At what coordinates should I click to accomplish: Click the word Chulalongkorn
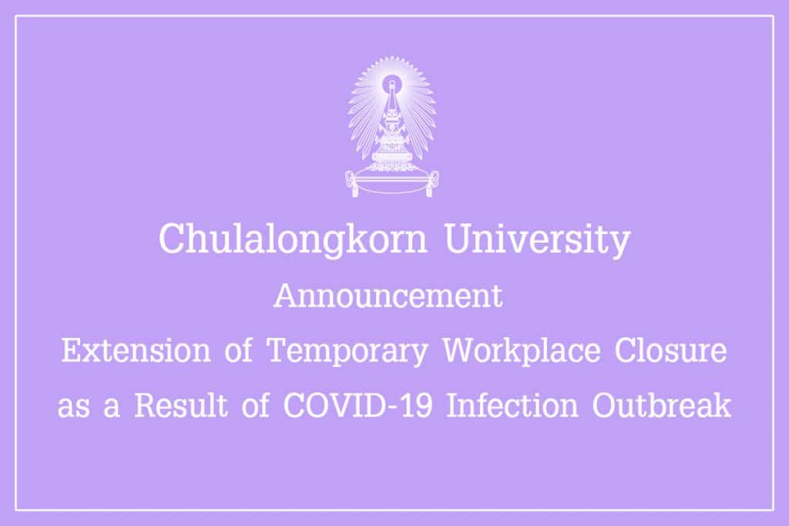coord(293,240)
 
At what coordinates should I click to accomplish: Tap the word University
coord(537,240)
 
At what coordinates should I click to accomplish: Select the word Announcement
coord(388,296)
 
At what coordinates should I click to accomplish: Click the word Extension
coord(136,350)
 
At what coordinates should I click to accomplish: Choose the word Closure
coord(671,350)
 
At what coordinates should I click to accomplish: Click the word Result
coord(180,405)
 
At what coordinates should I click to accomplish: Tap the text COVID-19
coord(358,405)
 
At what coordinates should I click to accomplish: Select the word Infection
coord(512,405)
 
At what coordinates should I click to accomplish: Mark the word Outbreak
coord(661,405)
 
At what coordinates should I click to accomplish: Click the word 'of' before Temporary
coord(239,350)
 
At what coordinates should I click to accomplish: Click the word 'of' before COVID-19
coord(256,405)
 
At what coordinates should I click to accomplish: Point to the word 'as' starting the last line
coord(73,408)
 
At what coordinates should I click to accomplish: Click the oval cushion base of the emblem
coord(392,183)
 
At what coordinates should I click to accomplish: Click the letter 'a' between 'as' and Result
coord(112,408)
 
